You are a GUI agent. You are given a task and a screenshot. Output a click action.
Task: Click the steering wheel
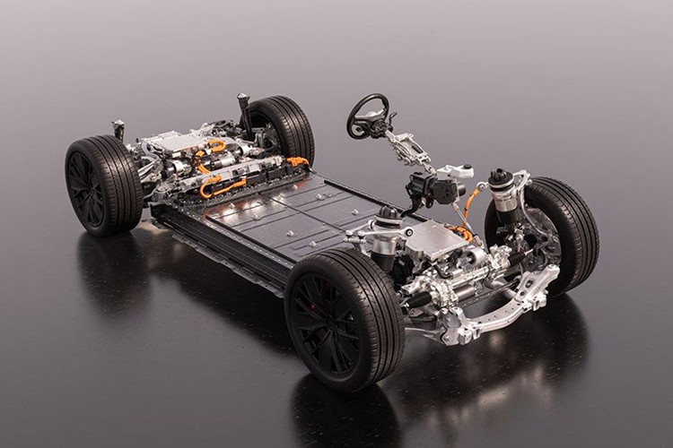pos(369,115)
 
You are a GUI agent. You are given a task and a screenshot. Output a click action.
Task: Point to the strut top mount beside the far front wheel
pos(501,179)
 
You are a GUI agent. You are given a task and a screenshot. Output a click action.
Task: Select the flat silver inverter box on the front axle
pos(435,238)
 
